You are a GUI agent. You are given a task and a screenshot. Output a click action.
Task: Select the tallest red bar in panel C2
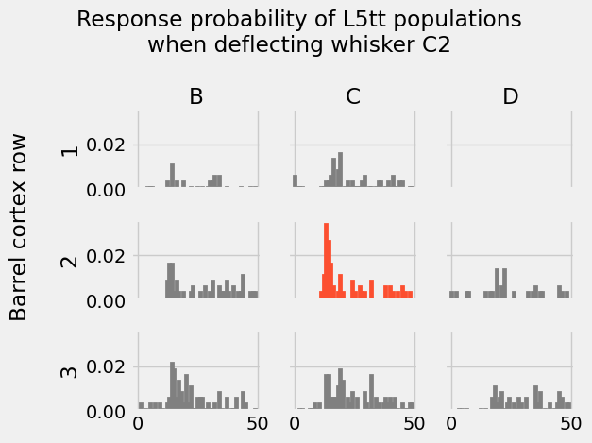326,261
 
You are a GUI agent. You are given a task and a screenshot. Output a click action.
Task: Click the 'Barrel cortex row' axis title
20,227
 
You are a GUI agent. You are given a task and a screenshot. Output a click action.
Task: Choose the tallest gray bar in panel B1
172,175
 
